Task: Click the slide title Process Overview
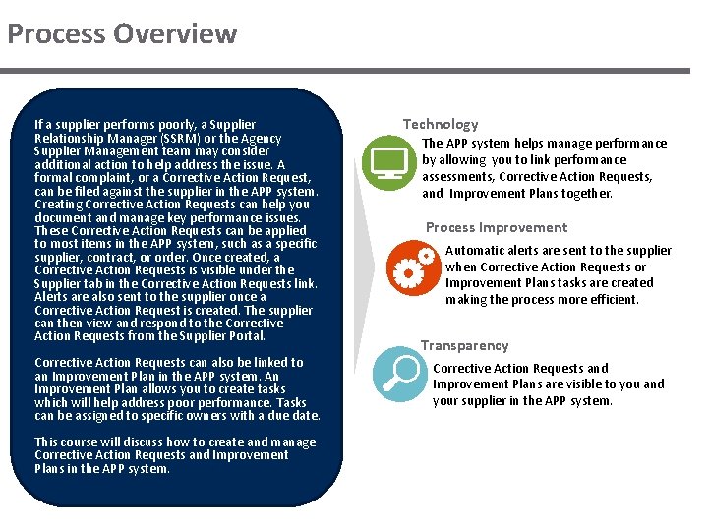pyautogui.click(x=122, y=34)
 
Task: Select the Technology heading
pyautogui.click(x=441, y=124)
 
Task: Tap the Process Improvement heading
pyautogui.click(x=496, y=227)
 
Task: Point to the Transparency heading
pyautogui.click(x=465, y=345)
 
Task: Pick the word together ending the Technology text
pyautogui.click(x=586, y=194)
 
